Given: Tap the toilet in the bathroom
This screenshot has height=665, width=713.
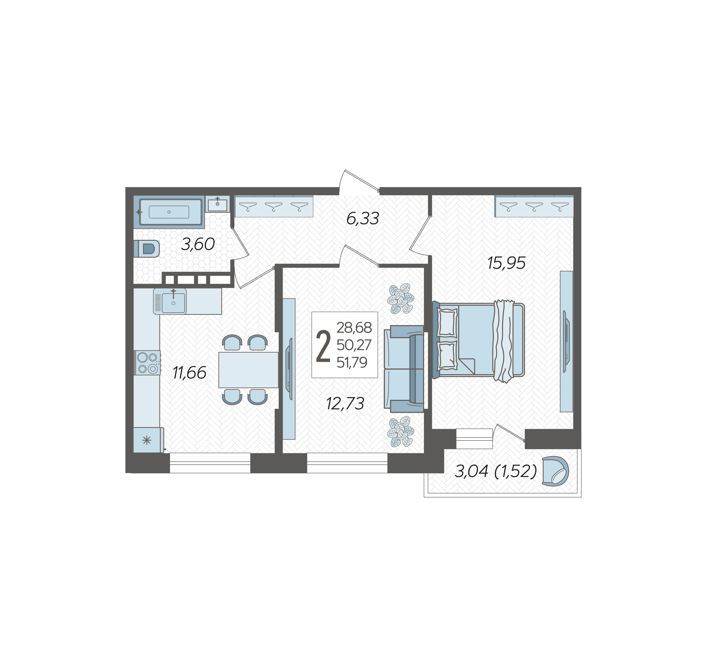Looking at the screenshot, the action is (x=147, y=249).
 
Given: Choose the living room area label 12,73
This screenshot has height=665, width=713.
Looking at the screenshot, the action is (x=345, y=404).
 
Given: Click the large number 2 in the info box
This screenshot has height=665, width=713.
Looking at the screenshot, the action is (x=323, y=347).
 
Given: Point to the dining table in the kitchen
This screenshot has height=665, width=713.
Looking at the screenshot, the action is (x=248, y=370).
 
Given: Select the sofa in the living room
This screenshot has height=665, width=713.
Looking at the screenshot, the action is (x=404, y=369).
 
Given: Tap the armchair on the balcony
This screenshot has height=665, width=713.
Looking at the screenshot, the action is (x=555, y=471).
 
